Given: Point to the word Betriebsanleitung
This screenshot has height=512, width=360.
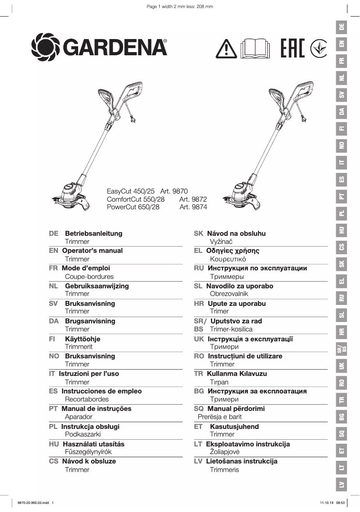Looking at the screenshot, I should pyautogui.click(x=93, y=234).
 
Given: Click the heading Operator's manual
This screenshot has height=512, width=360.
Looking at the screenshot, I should pyautogui.click(x=92, y=251).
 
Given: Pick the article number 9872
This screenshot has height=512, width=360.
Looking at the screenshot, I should pyautogui.click(x=193, y=199).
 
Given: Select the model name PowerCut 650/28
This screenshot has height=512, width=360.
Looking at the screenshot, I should pyautogui.click(x=133, y=207).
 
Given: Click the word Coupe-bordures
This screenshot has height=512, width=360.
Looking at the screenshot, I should pyautogui.click(x=89, y=277).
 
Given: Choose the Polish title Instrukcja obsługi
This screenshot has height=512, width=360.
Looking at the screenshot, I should pyautogui.click(x=90, y=427).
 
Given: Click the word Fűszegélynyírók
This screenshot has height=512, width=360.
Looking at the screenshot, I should pyautogui.click(x=88, y=452).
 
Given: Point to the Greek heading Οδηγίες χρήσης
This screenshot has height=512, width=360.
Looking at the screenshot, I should pyautogui.click(x=233, y=251).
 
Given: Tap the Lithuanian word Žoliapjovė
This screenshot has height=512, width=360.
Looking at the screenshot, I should pyautogui.click(x=225, y=452).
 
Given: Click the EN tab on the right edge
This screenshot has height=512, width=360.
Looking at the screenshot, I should pyautogui.click(x=342, y=44).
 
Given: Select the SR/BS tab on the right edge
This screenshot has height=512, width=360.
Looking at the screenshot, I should pyautogui.click(x=342, y=349).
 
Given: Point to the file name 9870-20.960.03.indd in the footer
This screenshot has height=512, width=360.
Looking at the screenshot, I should pyautogui.click(x=33, y=503).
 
